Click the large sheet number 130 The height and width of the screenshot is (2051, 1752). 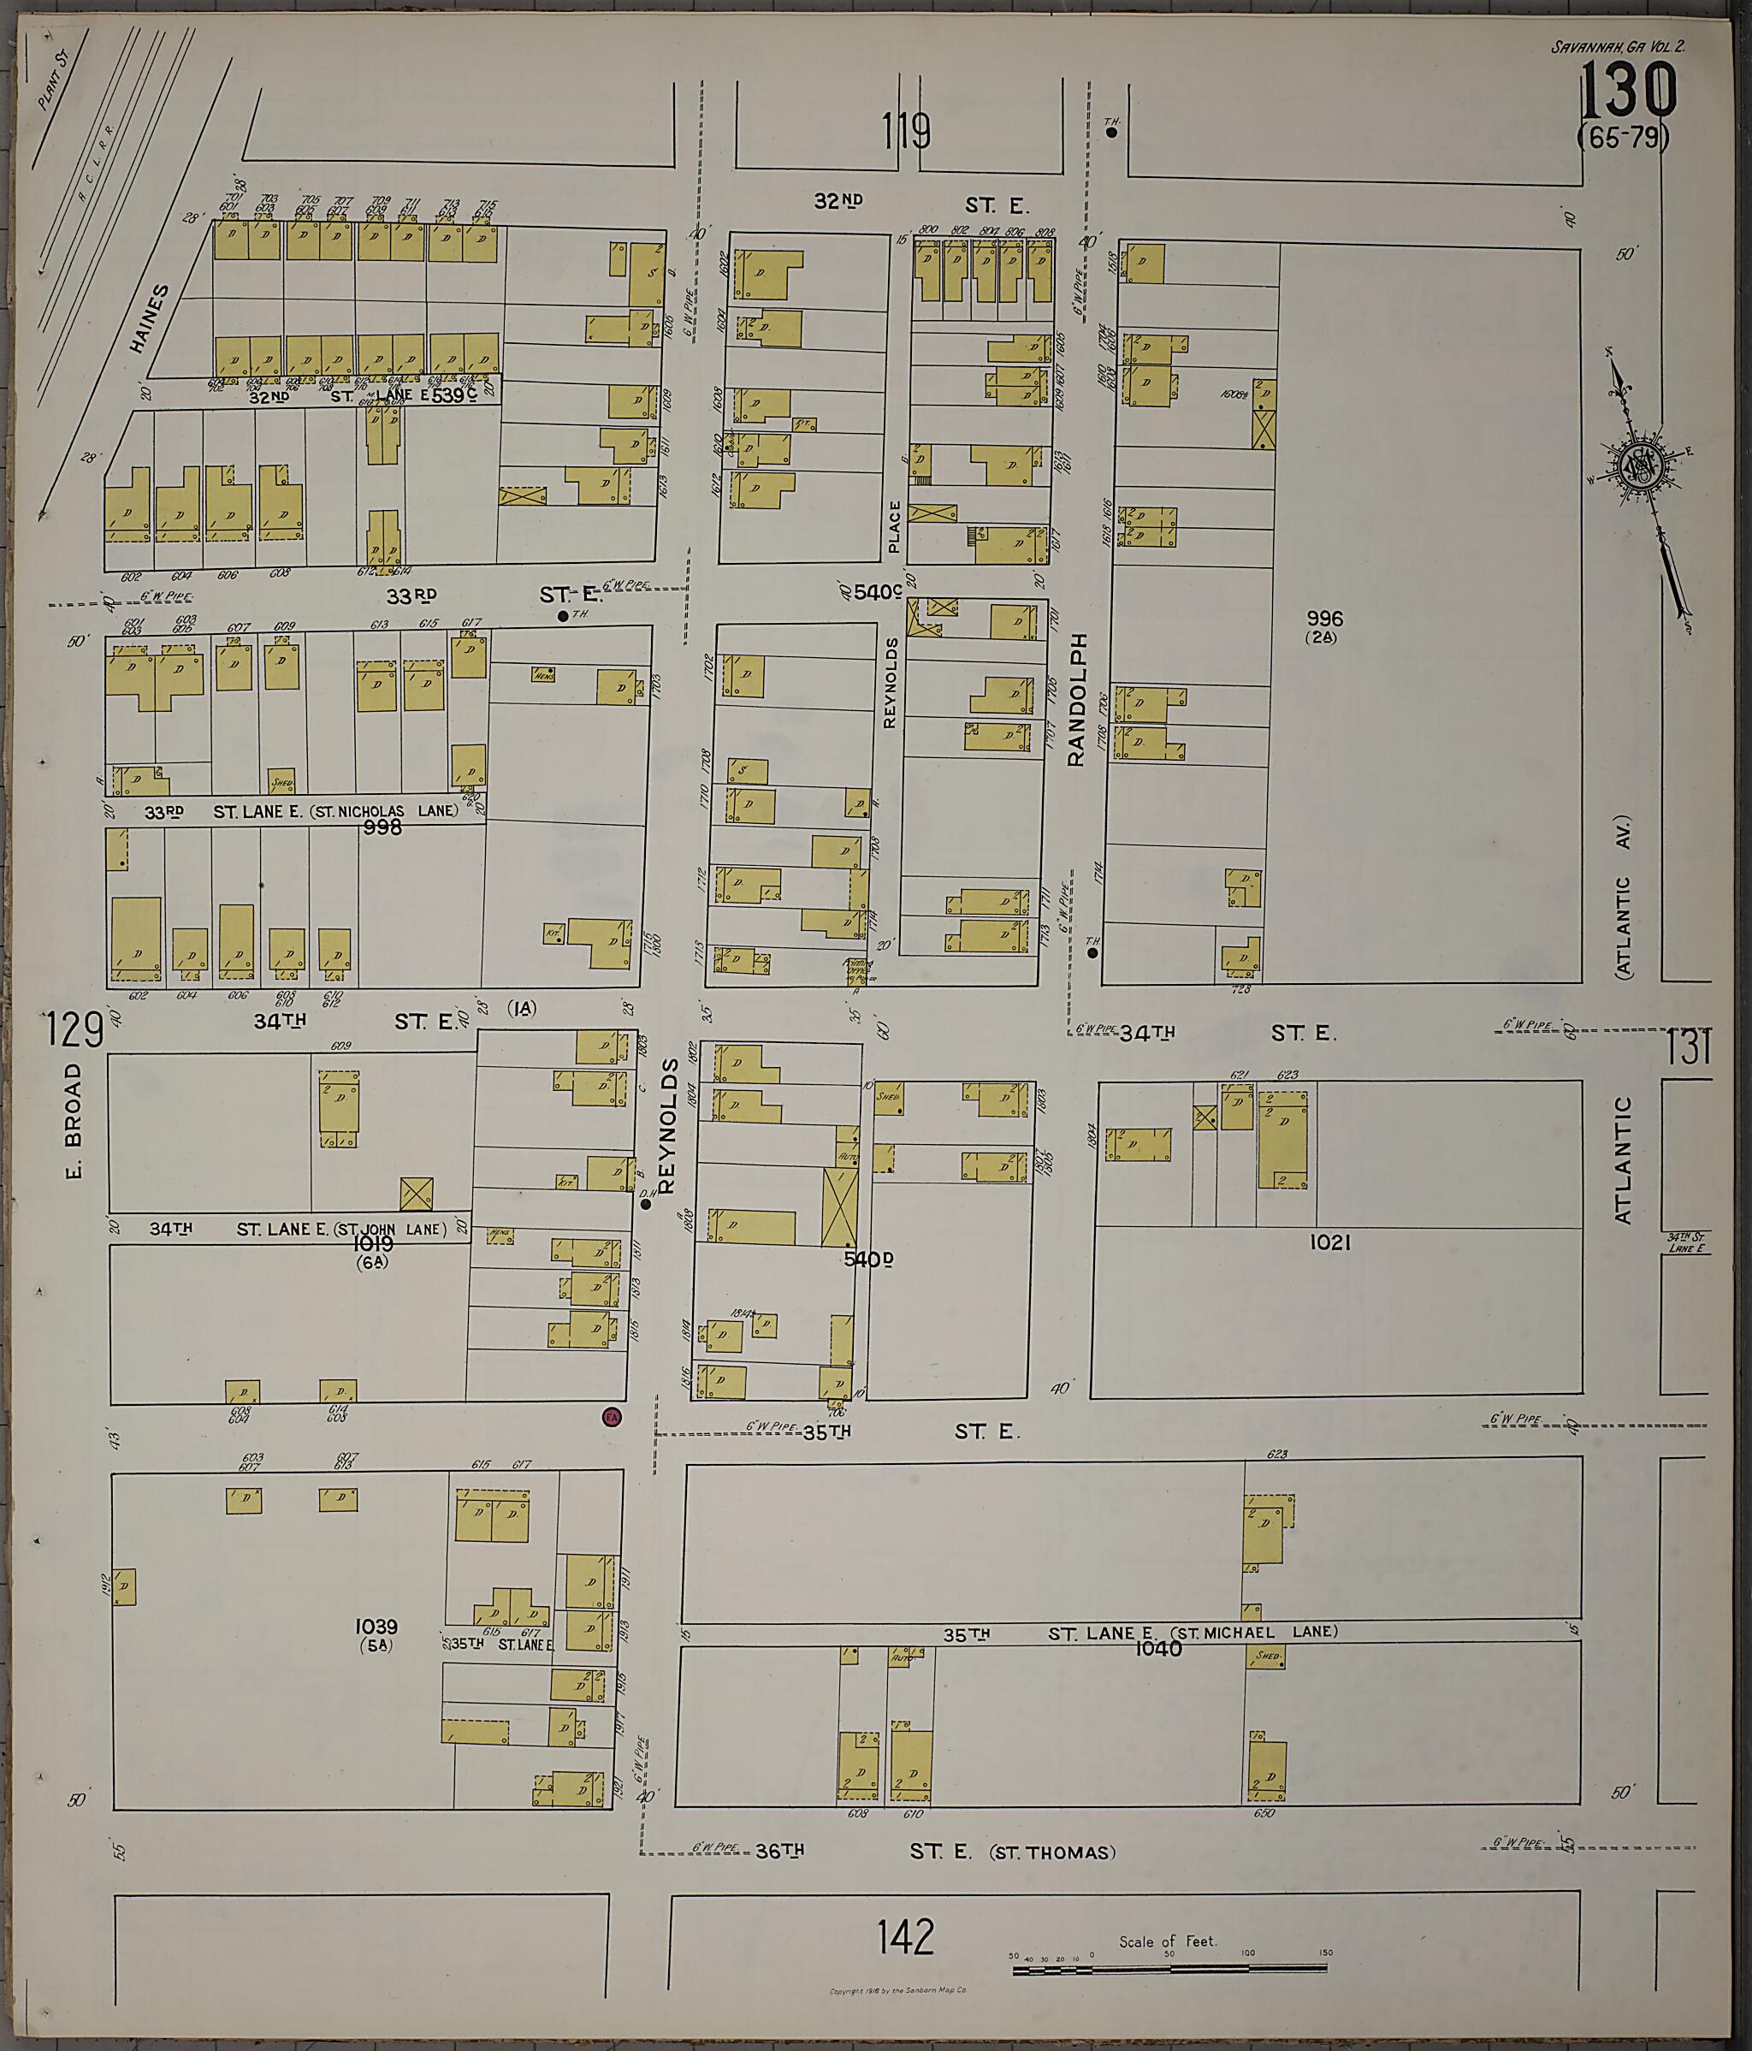pyautogui.click(x=1627, y=91)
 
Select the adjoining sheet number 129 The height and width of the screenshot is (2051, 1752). pyautogui.click(x=74, y=1031)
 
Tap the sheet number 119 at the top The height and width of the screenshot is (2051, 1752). pyautogui.click(x=907, y=131)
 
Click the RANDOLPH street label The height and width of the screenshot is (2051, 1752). pyautogui.click(x=1078, y=700)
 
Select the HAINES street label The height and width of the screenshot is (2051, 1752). pyautogui.click(x=150, y=319)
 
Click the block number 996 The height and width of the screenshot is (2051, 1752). pyautogui.click(x=1323, y=619)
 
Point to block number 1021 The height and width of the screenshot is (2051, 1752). pyautogui.click(x=1329, y=1242)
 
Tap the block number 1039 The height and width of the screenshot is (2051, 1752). pyautogui.click(x=376, y=1627)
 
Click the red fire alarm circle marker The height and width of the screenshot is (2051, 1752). pyautogui.click(x=612, y=1416)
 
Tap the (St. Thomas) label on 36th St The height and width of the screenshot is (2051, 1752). pyautogui.click(x=1052, y=1852)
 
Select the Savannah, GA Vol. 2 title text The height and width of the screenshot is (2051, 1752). pyautogui.click(x=1618, y=46)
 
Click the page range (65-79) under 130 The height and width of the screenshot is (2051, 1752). pyautogui.click(x=1624, y=138)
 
